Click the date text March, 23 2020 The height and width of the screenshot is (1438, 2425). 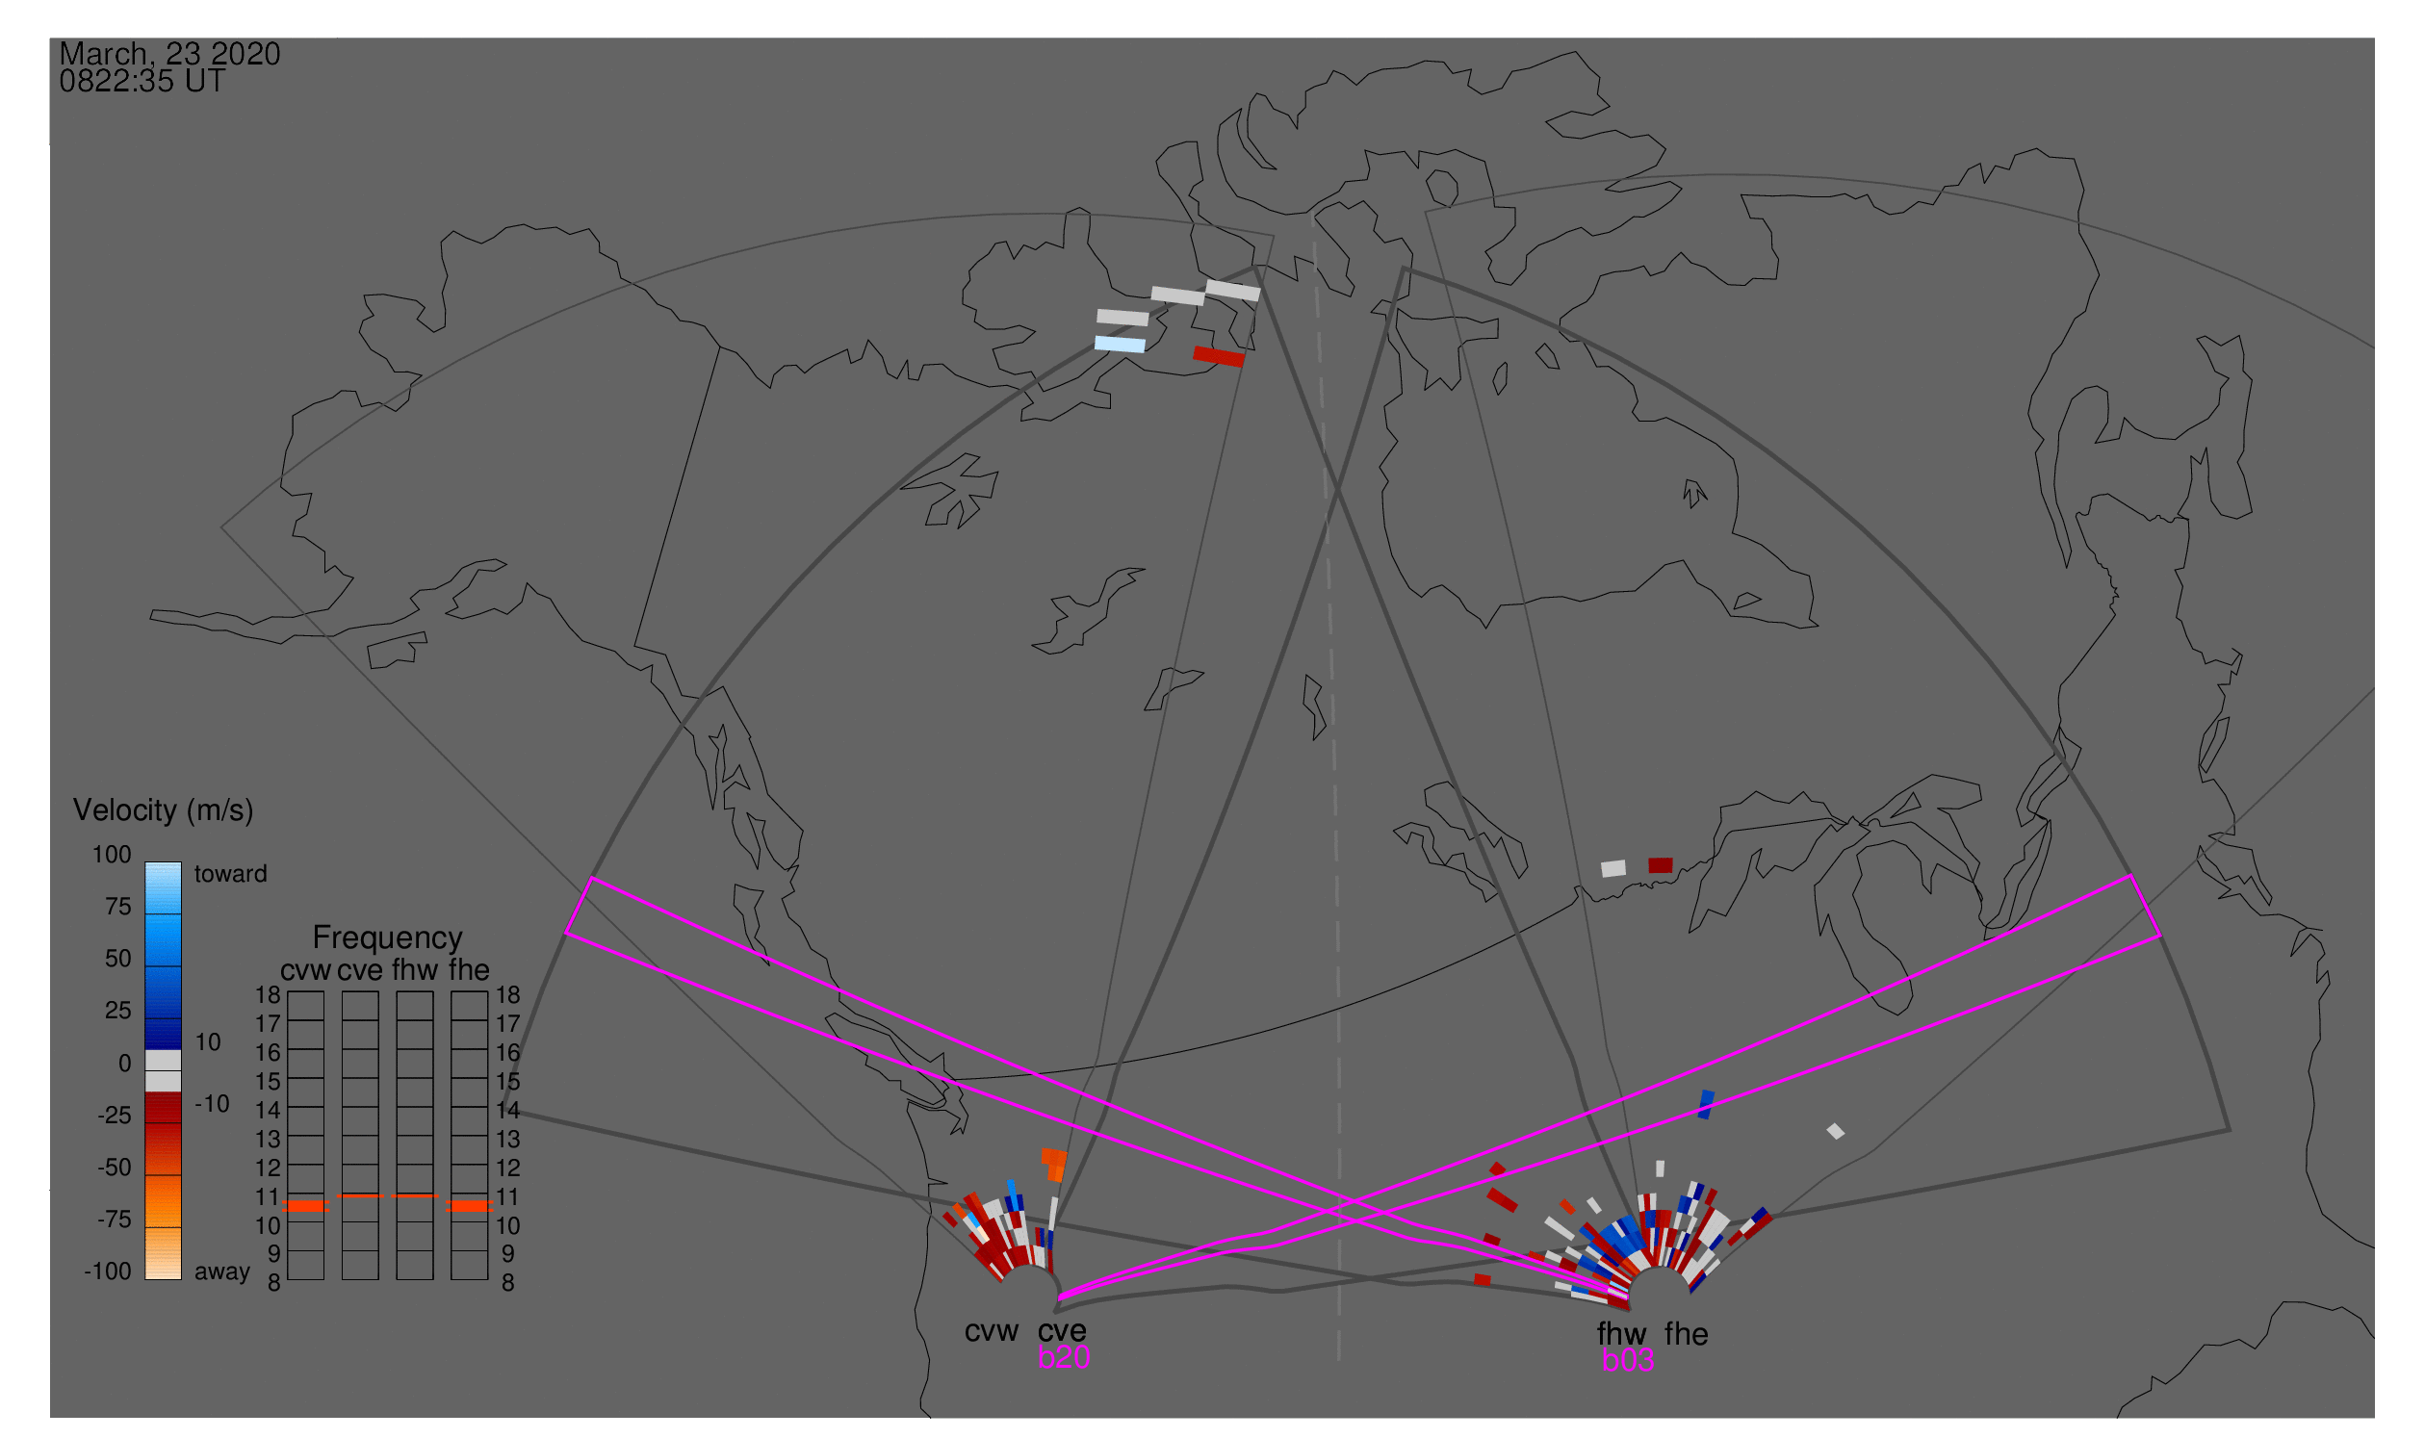tap(169, 54)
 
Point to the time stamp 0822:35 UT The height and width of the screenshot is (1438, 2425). tap(142, 82)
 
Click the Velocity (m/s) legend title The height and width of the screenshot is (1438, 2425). tap(163, 811)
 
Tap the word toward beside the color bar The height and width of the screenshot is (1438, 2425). tap(231, 874)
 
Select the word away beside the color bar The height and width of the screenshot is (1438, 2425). tap(222, 1272)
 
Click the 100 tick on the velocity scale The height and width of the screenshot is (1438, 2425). tap(112, 855)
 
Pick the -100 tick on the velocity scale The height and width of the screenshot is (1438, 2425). tap(108, 1271)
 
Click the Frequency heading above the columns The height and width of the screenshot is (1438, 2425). tap(388, 938)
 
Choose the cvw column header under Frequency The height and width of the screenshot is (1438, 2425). tap(305, 971)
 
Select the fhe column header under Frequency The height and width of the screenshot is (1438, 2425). tap(469, 970)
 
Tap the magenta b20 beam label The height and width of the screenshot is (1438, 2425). tap(1064, 1358)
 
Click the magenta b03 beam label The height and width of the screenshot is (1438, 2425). tap(1628, 1361)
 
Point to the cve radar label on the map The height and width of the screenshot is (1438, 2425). tap(1062, 1331)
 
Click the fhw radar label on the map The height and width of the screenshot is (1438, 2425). tap(1622, 1334)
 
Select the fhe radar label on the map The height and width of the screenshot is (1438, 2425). tap(1687, 1334)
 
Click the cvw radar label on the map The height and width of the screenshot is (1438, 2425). tap(992, 1331)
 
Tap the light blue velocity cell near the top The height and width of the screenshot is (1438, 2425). tap(1121, 344)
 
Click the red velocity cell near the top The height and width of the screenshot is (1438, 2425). tap(1220, 356)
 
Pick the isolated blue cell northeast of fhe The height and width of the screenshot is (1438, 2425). tap(1707, 1105)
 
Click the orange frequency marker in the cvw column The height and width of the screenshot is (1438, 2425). tap(306, 1206)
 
